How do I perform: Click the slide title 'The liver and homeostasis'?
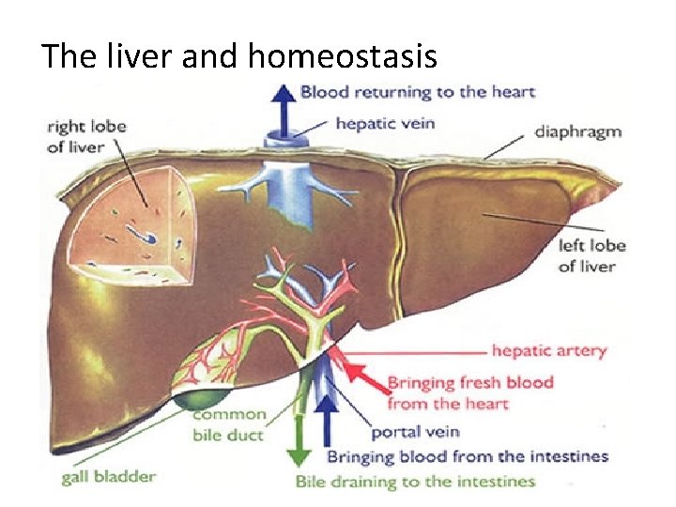coord(239,56)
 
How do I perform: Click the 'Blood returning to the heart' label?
coord(418,92)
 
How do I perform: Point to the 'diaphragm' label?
coord(577,131)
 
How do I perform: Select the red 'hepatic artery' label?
coord(549,351)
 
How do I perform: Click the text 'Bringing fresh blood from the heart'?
coord(469,392)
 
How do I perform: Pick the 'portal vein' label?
coord(414,433)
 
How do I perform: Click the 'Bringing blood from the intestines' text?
coord(467,457)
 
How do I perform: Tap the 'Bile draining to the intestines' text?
coord(415,482)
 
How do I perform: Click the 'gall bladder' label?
coord(109,476)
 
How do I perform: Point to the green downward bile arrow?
coord(299,441)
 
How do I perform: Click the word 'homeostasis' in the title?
coord(343,56)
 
